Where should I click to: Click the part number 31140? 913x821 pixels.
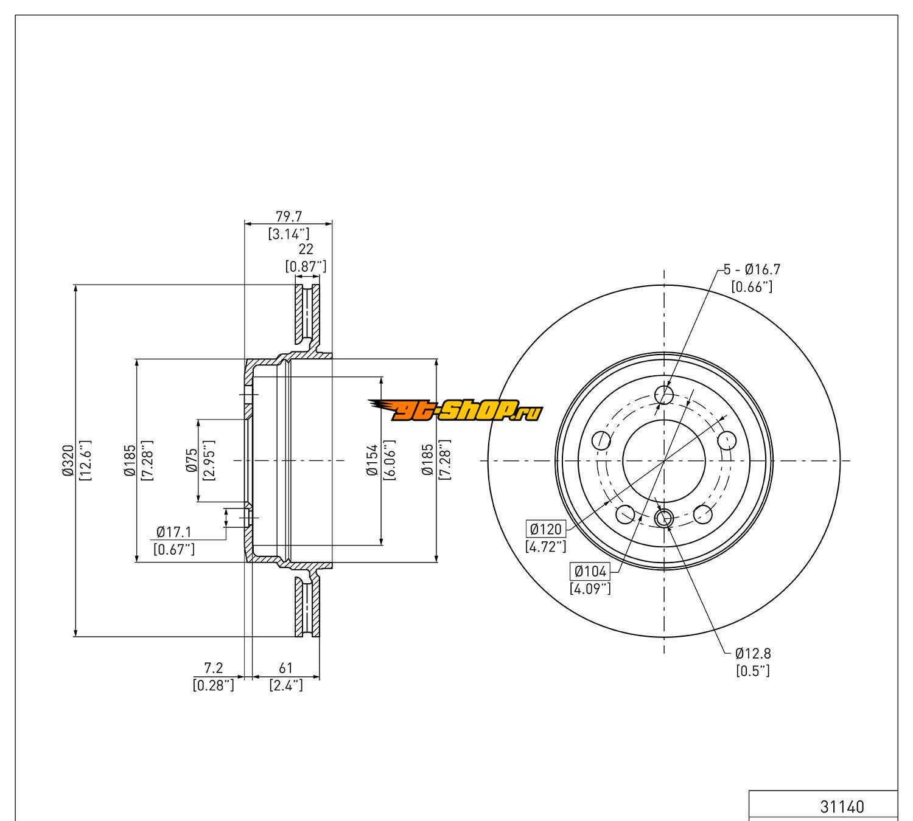tap(842, 806)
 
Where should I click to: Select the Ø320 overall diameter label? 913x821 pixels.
tap(68, 460)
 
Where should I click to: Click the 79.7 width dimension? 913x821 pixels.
tap(289, 217)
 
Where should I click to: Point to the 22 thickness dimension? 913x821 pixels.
tap(306, 249)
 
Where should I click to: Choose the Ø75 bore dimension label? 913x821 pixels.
tap(191, 460)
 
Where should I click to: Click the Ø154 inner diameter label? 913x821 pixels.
tap(372, 460)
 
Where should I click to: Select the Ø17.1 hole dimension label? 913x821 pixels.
tap(173, 532)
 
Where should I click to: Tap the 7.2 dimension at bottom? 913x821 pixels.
tap(214, 670)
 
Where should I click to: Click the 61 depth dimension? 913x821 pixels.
tap(286, 670)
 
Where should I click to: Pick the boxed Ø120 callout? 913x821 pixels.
tap(545, 528)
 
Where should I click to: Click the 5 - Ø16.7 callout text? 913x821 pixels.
tap(752, 269)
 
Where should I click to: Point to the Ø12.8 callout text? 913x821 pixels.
tap(753, 653)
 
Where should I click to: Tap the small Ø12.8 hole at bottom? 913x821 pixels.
tap(664, 518)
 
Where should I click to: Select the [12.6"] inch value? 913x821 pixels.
tap(85, 460)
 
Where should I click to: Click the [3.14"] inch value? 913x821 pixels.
tap(289, 233)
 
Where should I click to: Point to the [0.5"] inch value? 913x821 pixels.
tap(753, 670)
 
